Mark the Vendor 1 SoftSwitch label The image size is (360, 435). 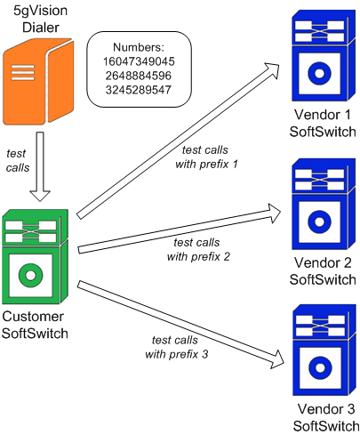[322, 125]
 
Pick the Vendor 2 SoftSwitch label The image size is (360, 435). [322, 270]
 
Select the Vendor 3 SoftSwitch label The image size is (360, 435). [322, 415]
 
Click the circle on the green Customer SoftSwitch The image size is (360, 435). [32, 275]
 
